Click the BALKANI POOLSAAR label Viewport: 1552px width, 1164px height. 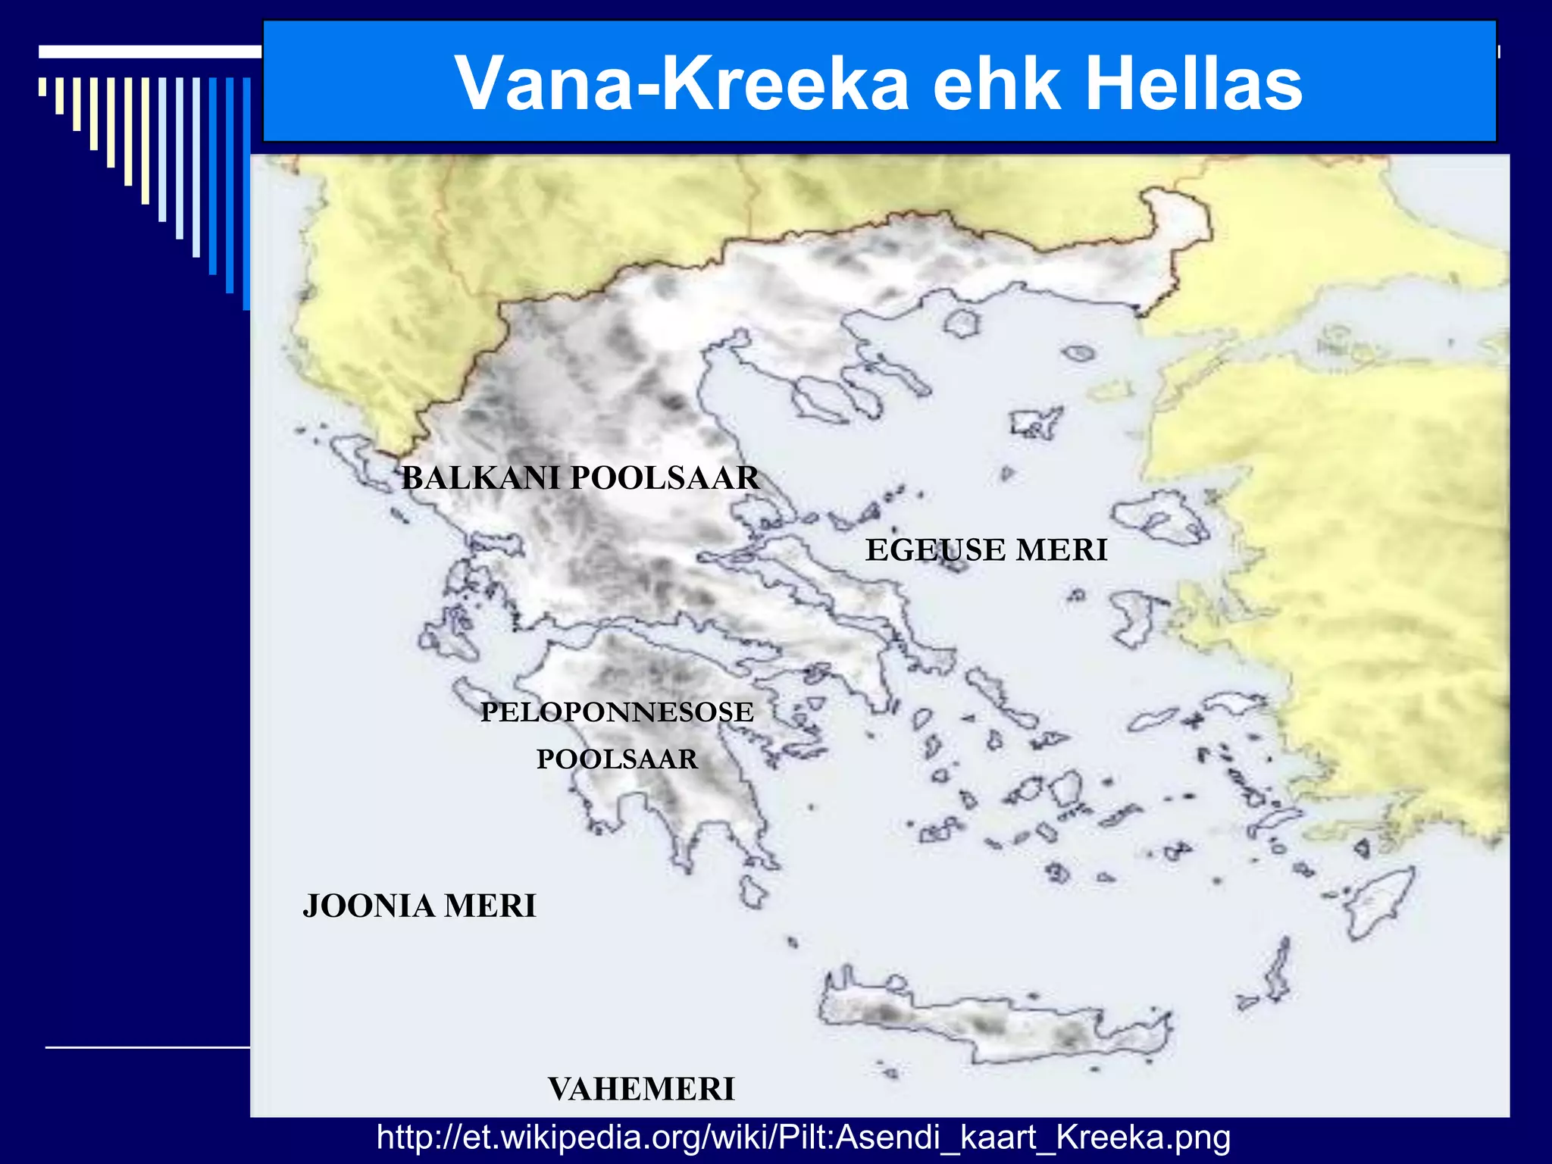[580, 478]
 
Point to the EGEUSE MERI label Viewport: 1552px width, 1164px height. [986, 550]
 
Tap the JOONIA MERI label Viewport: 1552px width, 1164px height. [419, 906]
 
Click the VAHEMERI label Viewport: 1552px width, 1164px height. [641, 1089]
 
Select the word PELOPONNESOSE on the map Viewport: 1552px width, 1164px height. [617, 712]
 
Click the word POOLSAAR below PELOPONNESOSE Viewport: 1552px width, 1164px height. [617, 759]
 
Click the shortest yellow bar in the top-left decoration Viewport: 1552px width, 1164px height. [42, 86]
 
